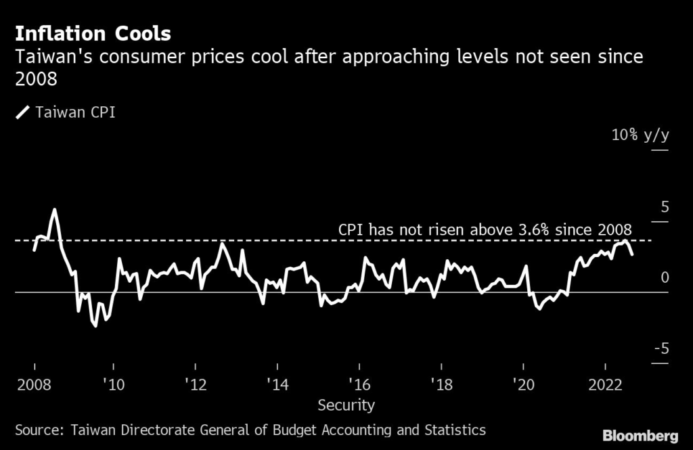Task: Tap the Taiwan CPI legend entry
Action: [74, 112]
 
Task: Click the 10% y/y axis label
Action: [640, 135]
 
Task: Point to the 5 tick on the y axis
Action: [664, 206]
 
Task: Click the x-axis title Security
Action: [346, 405]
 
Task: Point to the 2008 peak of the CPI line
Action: [54, 210]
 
